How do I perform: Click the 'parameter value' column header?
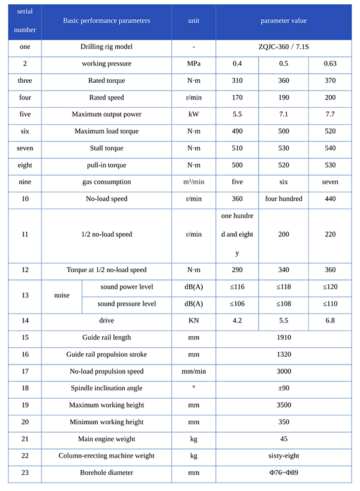pos(283,21)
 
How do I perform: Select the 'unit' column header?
pos(194,21)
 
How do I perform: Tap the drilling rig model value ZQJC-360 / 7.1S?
pos(283,47)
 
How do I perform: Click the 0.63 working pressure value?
pos(330,64)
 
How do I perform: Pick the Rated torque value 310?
pos(237,80)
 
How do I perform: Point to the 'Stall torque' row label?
pos(106,148)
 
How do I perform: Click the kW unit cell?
pos(194,115)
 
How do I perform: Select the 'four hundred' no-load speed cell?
pos(283,198)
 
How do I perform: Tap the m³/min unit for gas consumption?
pos(194,182)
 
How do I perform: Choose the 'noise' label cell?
pos(62,296)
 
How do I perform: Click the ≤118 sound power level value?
pos(283,287)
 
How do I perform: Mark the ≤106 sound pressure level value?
pos(237,304)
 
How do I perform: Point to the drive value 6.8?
pos(330,321)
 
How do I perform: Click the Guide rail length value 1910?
pos(283,338)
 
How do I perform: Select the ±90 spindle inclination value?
pos(283,388)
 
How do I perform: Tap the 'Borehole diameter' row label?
pos(106,472)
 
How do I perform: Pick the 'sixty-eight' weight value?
pos(283,456)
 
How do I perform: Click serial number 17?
pos(25,371)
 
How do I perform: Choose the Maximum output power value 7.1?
pos(283,115)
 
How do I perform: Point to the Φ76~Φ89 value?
pos(283,472)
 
